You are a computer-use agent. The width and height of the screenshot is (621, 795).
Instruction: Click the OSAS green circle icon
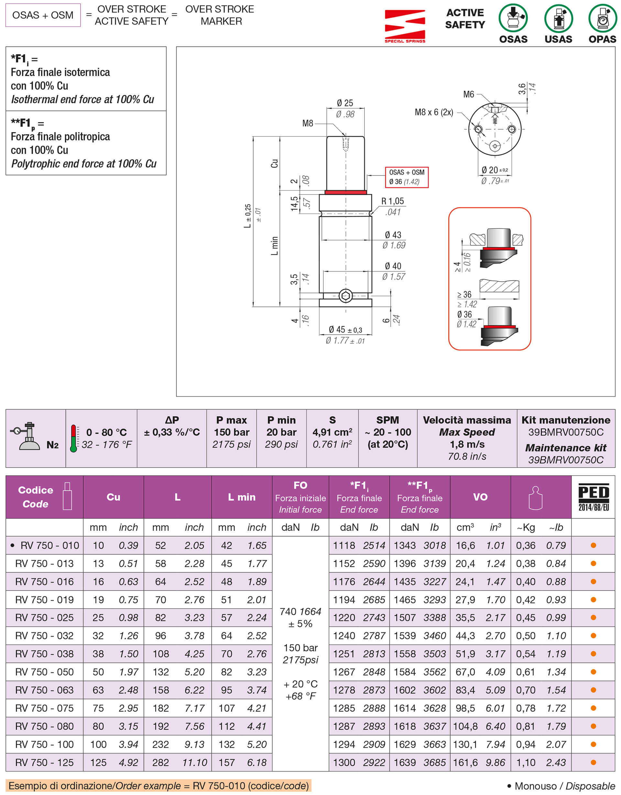point(513,18)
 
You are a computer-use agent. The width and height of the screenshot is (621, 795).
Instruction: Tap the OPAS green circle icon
point(603,18)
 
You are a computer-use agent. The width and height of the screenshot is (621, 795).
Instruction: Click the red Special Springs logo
point(405,26)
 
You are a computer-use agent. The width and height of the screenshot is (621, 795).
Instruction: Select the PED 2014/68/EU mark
point(593,497)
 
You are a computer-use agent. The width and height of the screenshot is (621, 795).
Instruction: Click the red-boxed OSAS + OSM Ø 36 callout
point(407,177)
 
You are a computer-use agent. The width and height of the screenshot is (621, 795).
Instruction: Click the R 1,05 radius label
point(392,201)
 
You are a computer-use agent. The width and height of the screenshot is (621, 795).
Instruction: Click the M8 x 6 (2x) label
point(434,112)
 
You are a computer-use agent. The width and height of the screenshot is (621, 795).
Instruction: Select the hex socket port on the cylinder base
point(345,295)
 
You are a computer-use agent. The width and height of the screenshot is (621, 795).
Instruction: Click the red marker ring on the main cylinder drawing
point(345,192)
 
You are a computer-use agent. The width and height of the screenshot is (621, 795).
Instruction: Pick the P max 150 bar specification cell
point(231,432)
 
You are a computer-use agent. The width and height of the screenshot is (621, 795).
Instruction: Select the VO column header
point(480,497)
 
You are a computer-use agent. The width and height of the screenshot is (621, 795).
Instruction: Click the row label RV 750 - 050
point(44,671)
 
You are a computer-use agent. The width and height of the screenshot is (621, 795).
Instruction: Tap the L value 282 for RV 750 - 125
point(161,762)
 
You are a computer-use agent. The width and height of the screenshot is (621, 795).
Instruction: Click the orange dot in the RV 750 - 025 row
point(593,618)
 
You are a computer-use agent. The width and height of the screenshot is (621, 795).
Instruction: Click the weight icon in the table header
point(535,498)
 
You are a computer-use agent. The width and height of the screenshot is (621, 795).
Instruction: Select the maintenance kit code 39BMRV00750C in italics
point(565,460)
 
